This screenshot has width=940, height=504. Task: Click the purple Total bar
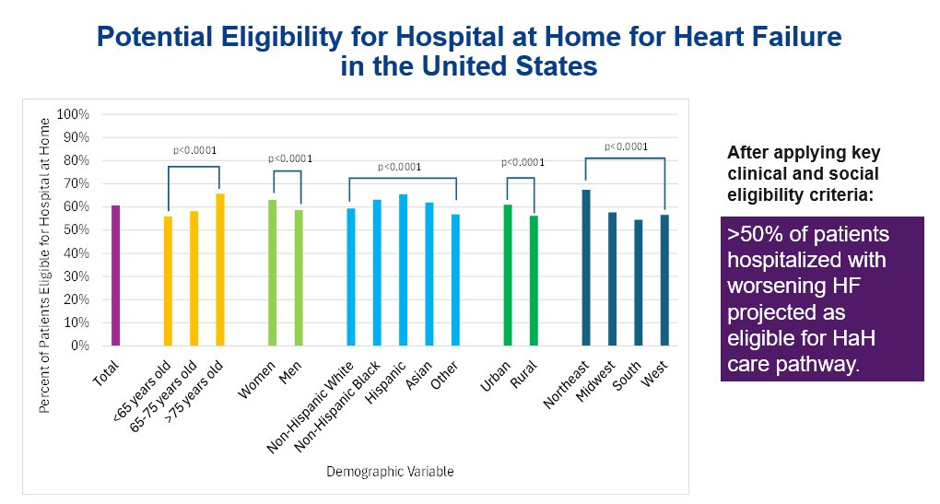(116, 275)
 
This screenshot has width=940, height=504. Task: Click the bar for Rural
(533, 280)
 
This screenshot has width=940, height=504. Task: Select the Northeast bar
(586, 267)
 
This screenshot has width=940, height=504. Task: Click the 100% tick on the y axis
(73, 114)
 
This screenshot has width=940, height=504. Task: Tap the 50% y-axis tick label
(76, 230)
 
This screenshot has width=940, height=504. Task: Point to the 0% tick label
(79, 346)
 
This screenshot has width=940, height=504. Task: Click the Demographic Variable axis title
(390, 472)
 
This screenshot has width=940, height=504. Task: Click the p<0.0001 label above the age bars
(194, 150)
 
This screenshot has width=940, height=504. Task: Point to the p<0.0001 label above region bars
(626, 146)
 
